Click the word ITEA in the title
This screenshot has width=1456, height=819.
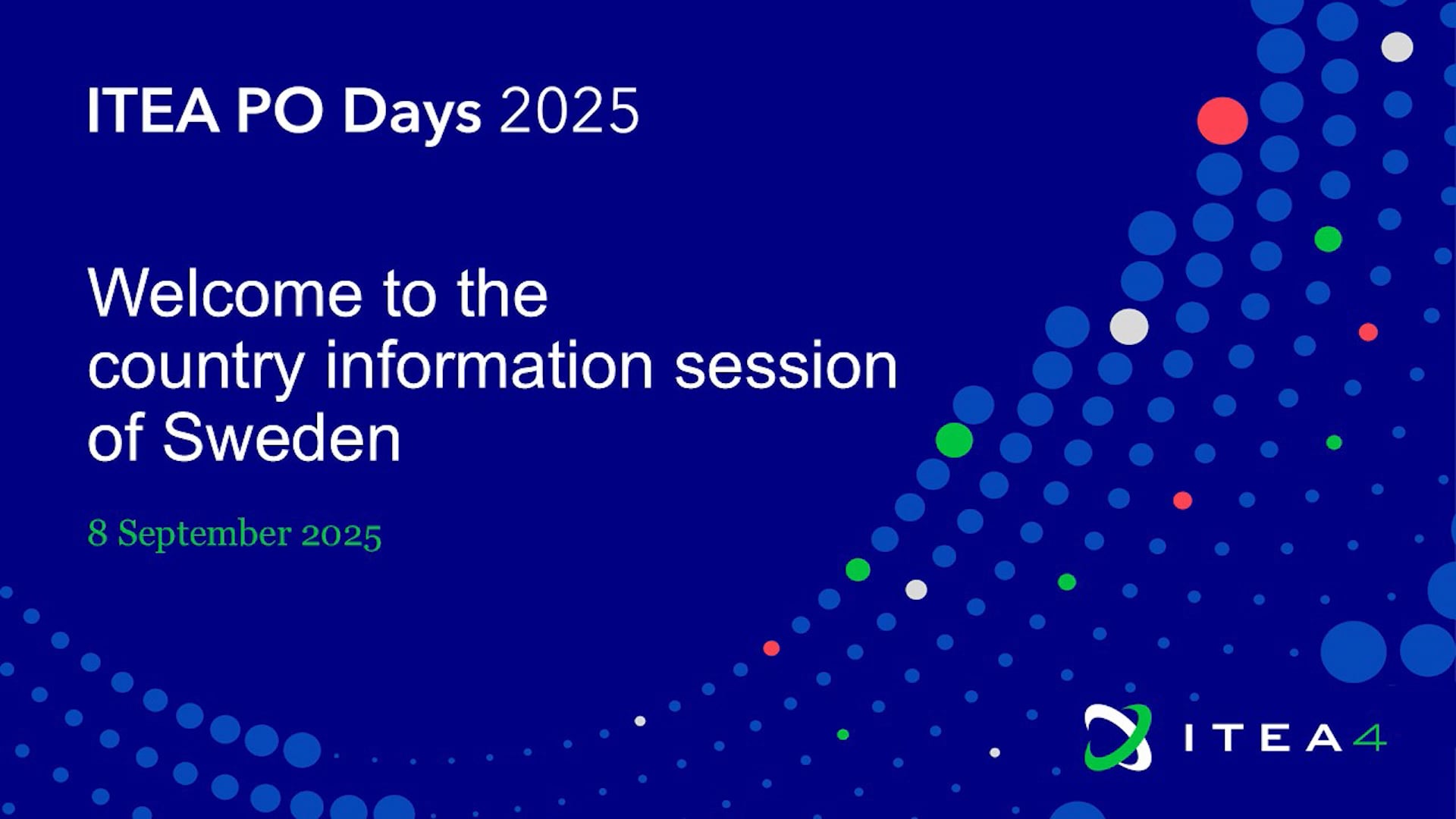pyautogui.click(x=154, y=111)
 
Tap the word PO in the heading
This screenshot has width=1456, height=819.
pyautogui.click(x=280, y=111)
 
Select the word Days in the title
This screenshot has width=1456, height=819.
pyautogui.click(x=412, y=115)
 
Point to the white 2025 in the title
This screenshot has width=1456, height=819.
pyautogui.click(x=570, y=111)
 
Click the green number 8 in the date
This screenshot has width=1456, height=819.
pyautogui.click(x=97, y=532)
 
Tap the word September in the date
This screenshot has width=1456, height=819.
pyautogui.click(x=205, y=535)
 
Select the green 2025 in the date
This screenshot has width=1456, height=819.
pyautogui.click(x=341, y=535)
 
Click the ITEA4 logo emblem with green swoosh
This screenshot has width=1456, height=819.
pyautogui.click(x=1118, y=737)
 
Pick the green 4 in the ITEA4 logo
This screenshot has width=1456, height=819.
pyautogui.click(x=1371, y=737)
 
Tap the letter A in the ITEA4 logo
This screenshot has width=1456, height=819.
pyautogui.click(x=1324, y=738)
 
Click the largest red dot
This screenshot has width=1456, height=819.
pyautogui.click(x=1222, y=121)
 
